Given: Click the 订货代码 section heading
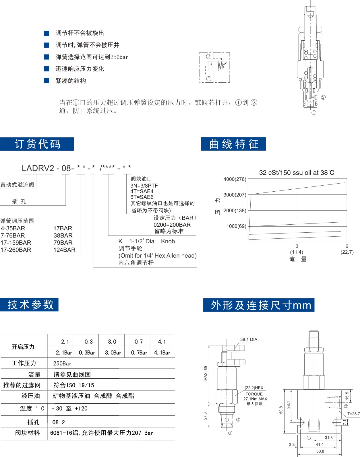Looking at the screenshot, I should coord(37,144).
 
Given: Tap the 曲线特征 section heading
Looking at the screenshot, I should coord(233,144).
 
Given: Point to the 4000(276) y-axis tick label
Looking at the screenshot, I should coord(235,179).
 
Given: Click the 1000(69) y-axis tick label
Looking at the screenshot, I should coord(236,226).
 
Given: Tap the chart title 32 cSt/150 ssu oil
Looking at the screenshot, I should coord(296,173).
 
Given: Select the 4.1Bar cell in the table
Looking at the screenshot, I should coord(162,353).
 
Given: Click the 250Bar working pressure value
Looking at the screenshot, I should coord(62,363).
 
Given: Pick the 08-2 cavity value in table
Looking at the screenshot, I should coord(59,422).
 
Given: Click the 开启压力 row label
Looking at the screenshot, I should coord(23,347).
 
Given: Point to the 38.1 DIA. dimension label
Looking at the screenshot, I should coord(249,339).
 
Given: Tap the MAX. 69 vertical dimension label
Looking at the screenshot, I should coord(206,373).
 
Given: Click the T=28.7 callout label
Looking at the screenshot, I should coord(353,414).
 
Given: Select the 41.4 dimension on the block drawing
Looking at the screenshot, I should coord(320,444).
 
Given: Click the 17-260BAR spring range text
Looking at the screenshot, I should coord(16,250).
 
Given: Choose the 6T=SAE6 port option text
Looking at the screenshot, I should coord(142,197).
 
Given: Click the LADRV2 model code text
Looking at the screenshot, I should coord(38,168).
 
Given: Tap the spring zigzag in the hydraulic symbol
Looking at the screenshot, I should coord(222,66).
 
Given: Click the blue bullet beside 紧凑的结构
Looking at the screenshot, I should coord(47,81).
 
